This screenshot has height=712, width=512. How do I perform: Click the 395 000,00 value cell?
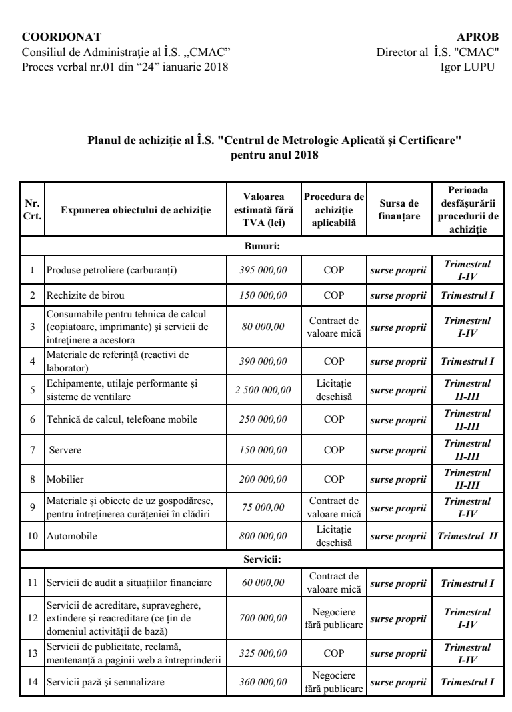pyautogui.click(x=263, y=269)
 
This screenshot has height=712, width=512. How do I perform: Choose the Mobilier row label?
pyautogui.click(x=63, y=478)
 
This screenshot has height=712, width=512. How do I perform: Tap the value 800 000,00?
pyautogui.click(x=263, y=536)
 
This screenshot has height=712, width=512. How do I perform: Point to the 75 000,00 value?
pyautogui.click(x=263, y=507)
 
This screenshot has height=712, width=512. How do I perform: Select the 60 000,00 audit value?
pyautogui.click(x=263, y=583)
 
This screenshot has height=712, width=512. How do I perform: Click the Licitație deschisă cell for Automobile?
pyautogui.click(x=333, y=536)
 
